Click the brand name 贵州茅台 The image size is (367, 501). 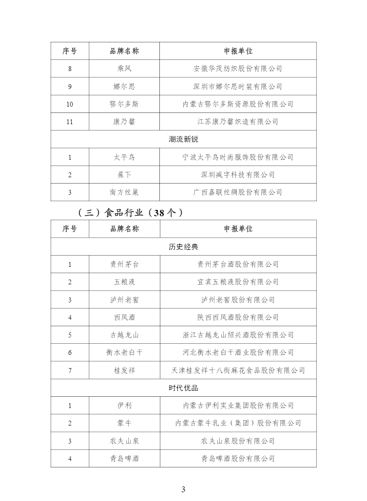click(124, 264)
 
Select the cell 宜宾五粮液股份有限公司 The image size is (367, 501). click(238, 282)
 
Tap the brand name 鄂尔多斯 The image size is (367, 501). click(124, 104)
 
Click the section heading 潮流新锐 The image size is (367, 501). click(183, 140)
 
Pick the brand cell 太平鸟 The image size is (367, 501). click(124, 157)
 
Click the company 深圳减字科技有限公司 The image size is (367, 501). click(238, 175)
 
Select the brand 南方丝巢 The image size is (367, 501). click(124, 192)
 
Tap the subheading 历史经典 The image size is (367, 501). click(183, 247)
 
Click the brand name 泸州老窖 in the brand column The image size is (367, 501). click(124, 300)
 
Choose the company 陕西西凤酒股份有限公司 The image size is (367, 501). click(238, 317)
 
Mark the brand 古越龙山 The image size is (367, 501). click(124, 335)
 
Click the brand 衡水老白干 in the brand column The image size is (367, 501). click(124, 353)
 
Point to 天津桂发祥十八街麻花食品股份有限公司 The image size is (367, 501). click(238, 371)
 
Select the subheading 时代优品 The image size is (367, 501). click(183, 388)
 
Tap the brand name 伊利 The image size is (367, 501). click(124, 406)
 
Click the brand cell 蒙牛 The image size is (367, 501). click(124, 423)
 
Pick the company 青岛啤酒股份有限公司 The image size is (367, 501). click(238, 459)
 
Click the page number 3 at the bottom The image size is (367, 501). click(183, 489)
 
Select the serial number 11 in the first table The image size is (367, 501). click(70, 122)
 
